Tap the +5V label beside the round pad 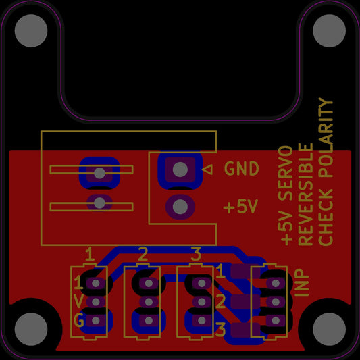tap(241, 207)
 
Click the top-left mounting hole tap(29, 31)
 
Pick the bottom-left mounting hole tap(29, 330)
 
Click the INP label tap(303, 283)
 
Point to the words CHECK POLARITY tap(326, 172)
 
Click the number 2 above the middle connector tap(143, 254)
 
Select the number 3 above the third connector tap(196, 254)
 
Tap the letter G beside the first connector tap(79, 321)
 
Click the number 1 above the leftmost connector tap(89, 254)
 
